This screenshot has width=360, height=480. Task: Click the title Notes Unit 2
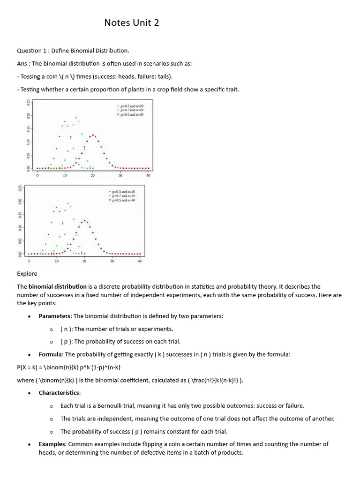pos(132,22)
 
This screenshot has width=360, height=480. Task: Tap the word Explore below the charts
pos(27,273)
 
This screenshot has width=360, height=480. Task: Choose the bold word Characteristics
pos(60,392)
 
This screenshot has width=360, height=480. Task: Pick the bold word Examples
pos(52,444)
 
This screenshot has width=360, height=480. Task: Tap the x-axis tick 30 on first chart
pos(120,175)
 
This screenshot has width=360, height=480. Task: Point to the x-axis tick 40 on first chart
pos(148,175)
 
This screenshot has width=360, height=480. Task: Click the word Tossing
pos(31,76)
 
